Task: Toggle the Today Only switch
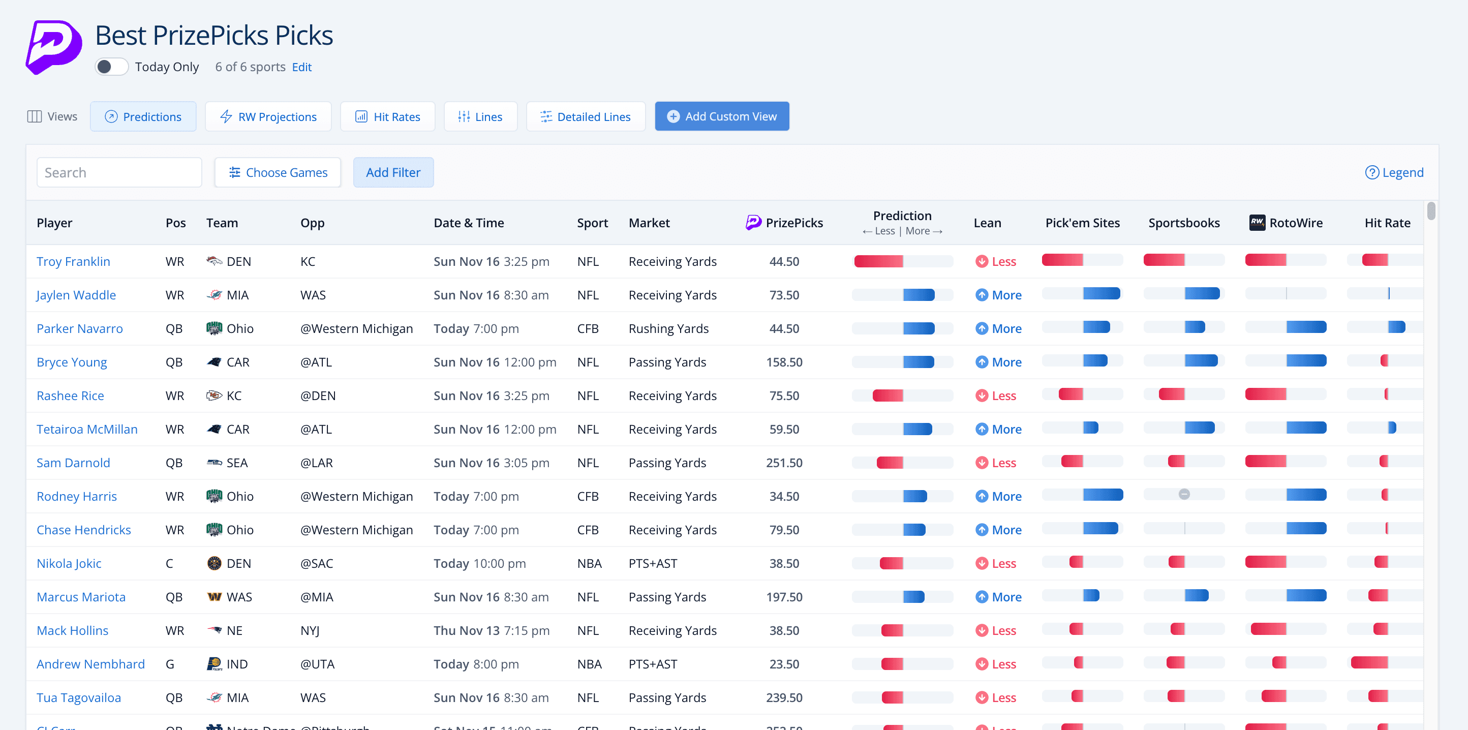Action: pyautogui.click(x=112, y=67)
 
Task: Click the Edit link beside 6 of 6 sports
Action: pyautogui.click(x=301, y=67)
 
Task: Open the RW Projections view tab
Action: pyautogui.click(x=268, y=117)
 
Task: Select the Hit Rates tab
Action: pyautogui.click(x=387, y=117)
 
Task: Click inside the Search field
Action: pyautogui.click(x=119, y=173)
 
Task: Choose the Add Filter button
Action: pyautogui.click(x=393, y=173)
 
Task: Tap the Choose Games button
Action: pyautogui.click(x=278, y=173)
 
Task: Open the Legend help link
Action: pyautogui.click(x=1394, y=173)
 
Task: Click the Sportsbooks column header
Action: pyautogui.click(x=1184, y=223)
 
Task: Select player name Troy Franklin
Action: pyautogui.click(x=74, y=262)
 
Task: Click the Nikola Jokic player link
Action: pyautogui.click(x=69, y=564)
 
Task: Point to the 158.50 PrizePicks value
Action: pyautogui.click(x=784, y=362)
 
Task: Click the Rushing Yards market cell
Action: pyautogui.click(x=668, y=329)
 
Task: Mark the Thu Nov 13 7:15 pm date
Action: pyautogui.click(x=491, y=631)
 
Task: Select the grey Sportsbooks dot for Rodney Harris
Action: pyautogui.click(x=1184, y=495)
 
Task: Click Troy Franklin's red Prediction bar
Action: pyautogui.click(x=878, y=262)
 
